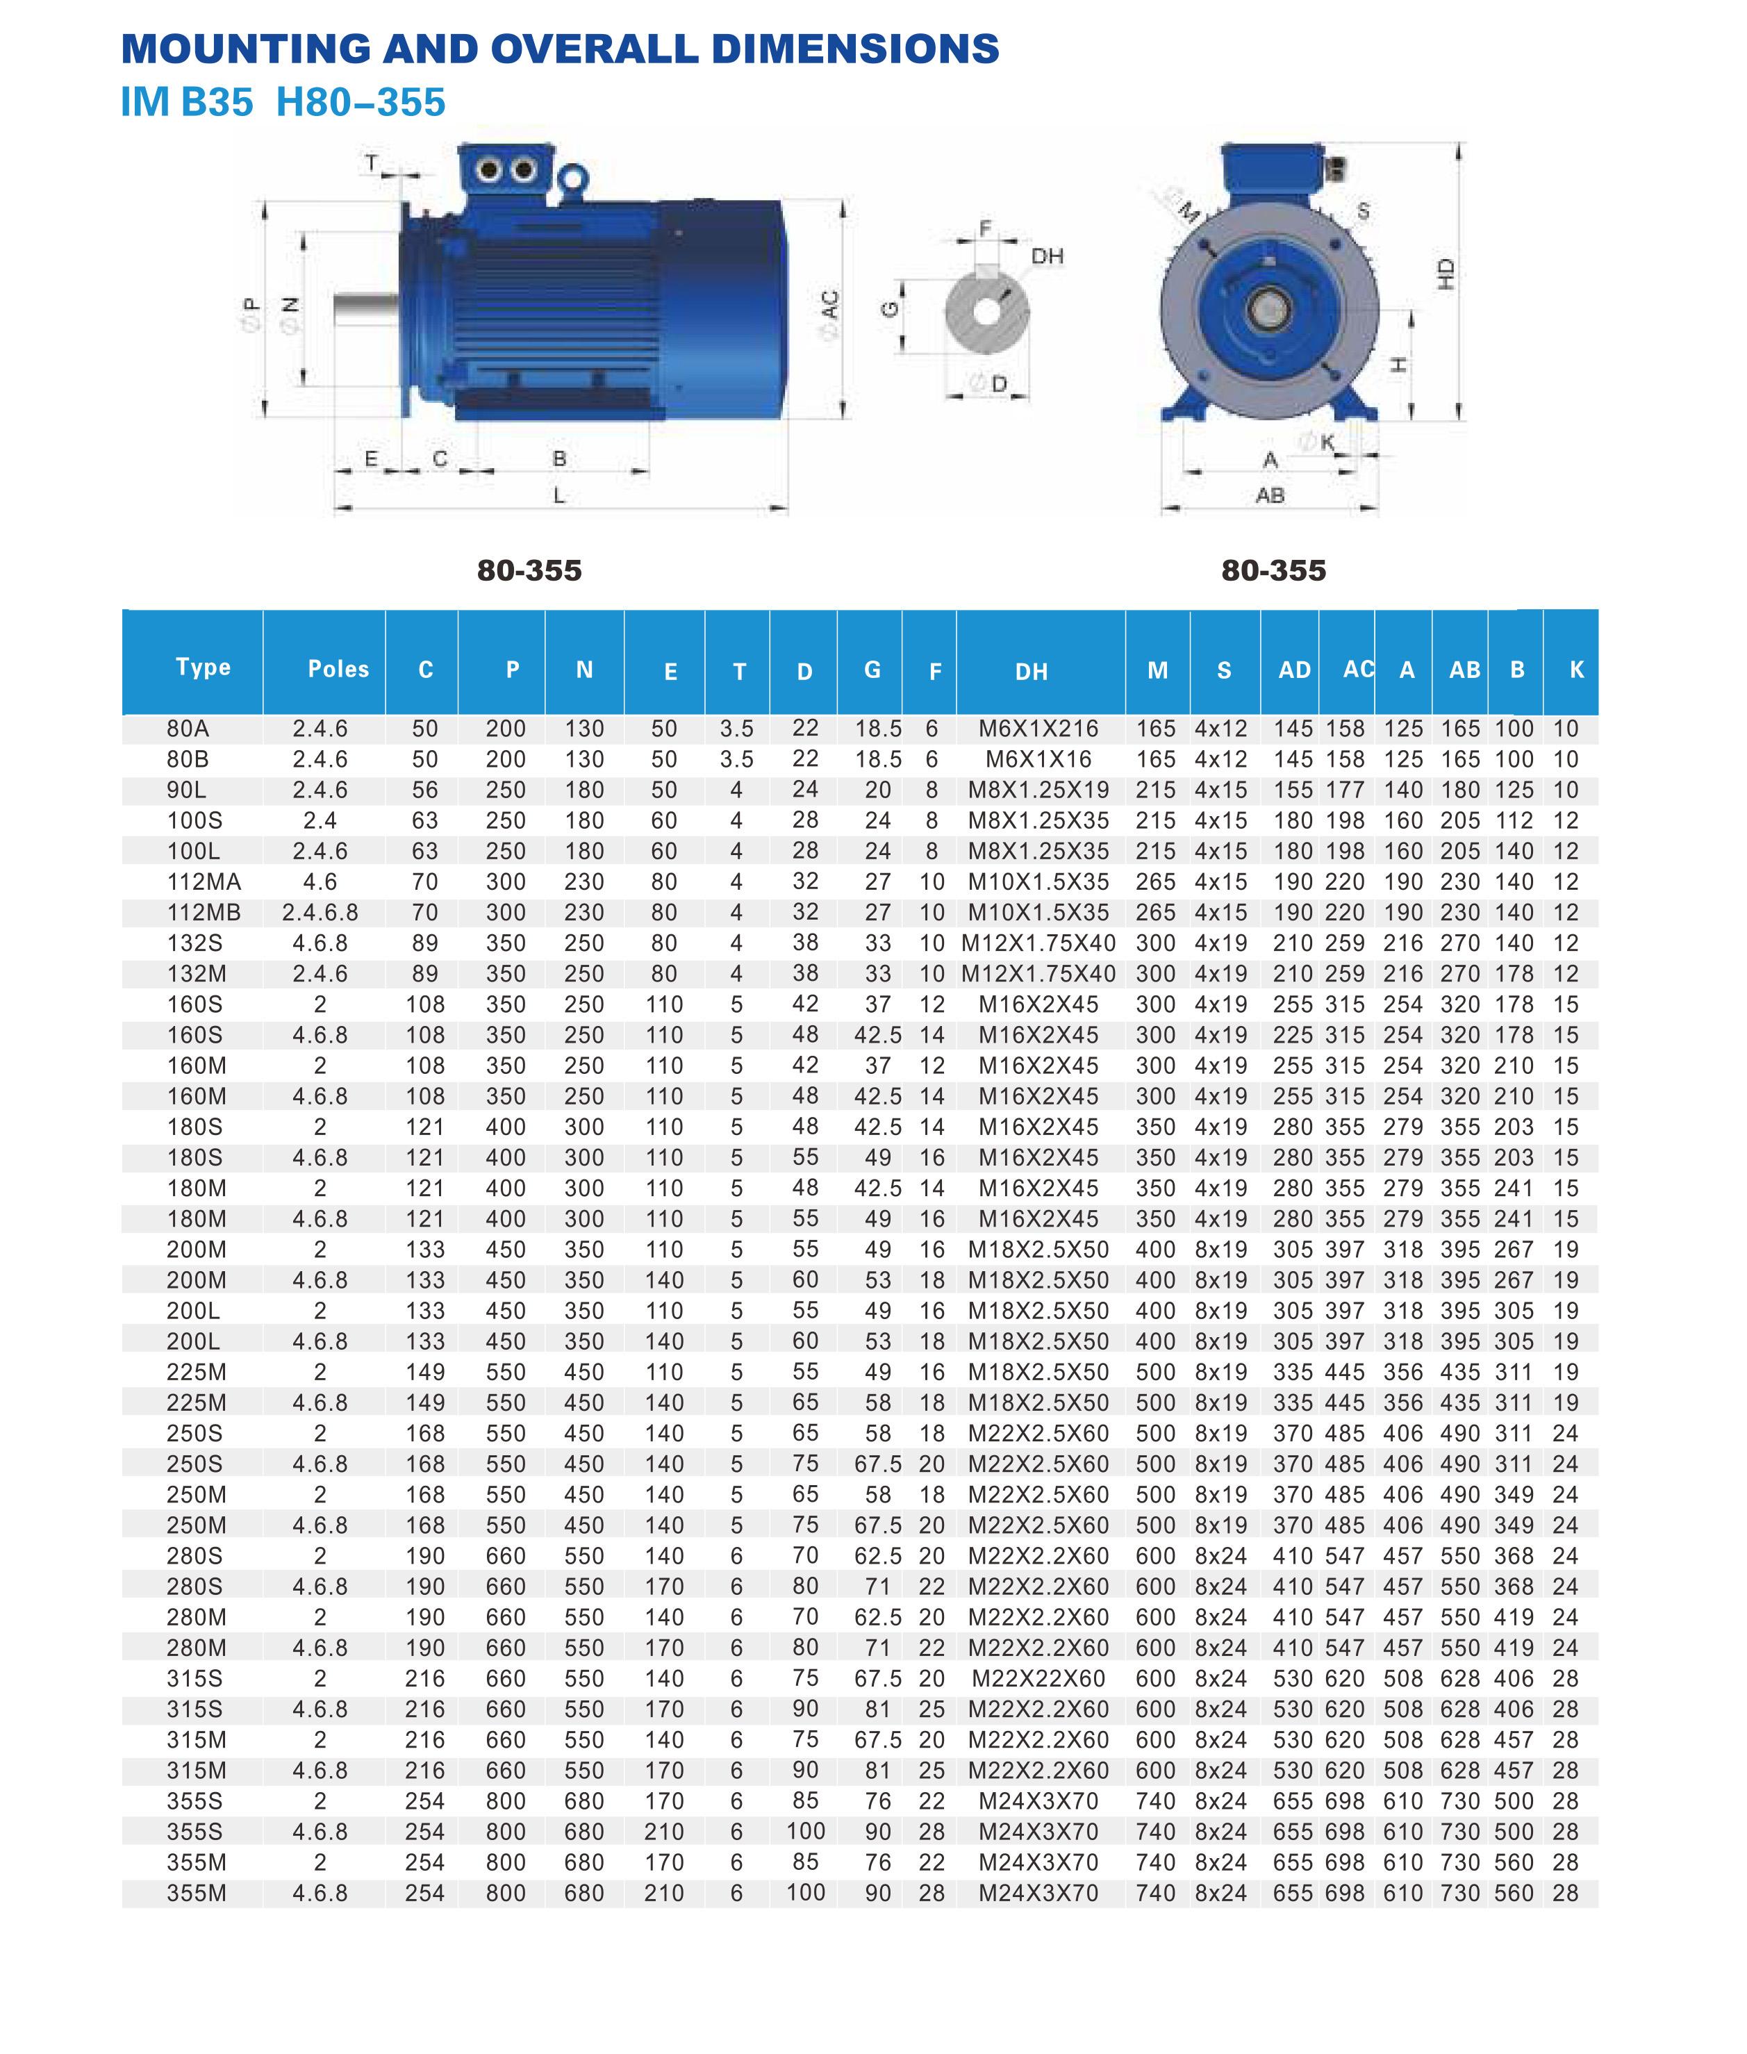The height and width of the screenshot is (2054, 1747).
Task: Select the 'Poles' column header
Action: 338,670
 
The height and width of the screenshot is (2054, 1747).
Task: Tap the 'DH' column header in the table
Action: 1031,672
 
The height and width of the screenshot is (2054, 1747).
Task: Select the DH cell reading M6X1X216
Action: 1038,729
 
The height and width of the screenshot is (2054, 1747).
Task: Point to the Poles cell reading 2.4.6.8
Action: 320,912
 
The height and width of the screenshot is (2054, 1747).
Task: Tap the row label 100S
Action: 194,821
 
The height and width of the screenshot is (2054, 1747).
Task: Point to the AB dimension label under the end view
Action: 1270,495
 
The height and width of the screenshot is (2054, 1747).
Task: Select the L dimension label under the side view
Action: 560,495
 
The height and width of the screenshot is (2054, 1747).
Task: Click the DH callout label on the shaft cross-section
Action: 1047,256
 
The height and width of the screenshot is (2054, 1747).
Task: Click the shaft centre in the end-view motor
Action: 1268,309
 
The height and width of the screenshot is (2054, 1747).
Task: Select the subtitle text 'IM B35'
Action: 186,102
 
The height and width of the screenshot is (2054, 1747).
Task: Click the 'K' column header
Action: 1577,670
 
